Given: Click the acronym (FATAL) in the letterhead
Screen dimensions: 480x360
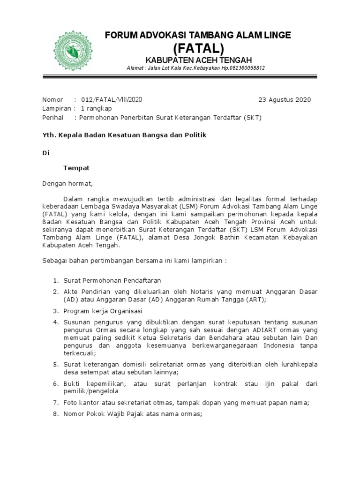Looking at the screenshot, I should point(198,48).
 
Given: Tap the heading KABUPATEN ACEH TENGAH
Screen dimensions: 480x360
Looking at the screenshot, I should point(198,60).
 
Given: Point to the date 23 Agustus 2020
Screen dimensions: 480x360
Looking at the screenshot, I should point(285,100).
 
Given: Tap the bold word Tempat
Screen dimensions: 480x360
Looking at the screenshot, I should point(76,167).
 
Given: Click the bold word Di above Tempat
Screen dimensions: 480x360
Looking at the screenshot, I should point(45,153).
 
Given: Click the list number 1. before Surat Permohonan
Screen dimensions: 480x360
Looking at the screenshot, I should point(55,280).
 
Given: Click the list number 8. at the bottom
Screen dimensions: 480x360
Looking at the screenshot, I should point(55,414).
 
